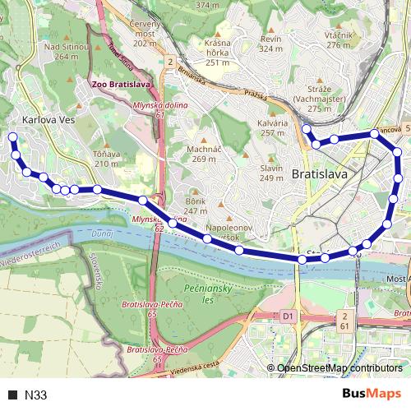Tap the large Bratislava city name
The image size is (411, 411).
[320, 175]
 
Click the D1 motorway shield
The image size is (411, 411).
[287, 315]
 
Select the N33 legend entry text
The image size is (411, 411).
[35, 395]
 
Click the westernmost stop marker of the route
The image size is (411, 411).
[12, 137]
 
